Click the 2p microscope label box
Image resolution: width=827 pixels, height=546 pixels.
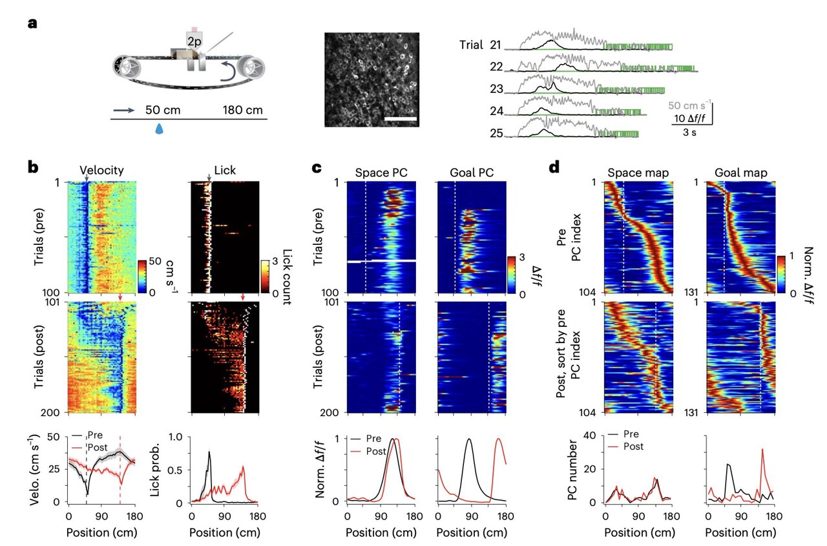click(194, 41)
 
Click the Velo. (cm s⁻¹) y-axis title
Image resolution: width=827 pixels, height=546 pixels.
click(37, 470)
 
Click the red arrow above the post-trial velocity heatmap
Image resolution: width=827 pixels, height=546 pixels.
click(121, 297)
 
